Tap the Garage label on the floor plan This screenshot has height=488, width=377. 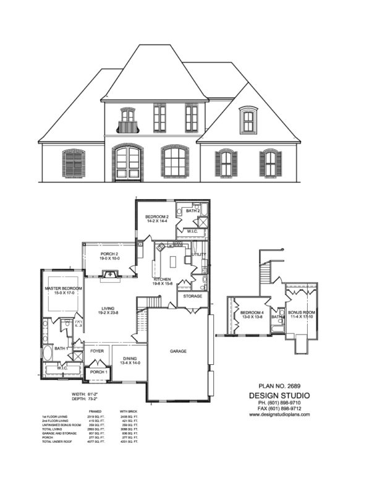pyautogui.click(x=178, y=351)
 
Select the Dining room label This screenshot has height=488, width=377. pyautogui.click(x=130, y=359)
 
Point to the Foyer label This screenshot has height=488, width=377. pyautogui.click(x=96, y=351)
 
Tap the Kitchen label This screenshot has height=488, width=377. pyautogui.click(x=163, y=280)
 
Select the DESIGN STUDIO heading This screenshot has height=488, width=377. pyautogui.click(x=279, y=395)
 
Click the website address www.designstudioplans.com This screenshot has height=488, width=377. pyautogui.click(x=279, y=415)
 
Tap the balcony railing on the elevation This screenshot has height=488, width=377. pyautogui.click(x=128, y=128)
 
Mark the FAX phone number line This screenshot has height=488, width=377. pyautogui.click(x=279, y=409)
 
